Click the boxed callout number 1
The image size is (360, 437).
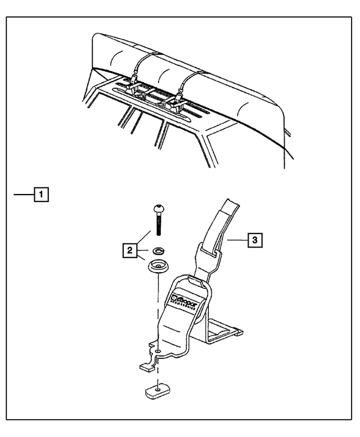[41, 195]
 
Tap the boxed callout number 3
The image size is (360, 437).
[255, 240]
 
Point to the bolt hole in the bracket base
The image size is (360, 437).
[159, 352]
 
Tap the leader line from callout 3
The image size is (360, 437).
[236, 240]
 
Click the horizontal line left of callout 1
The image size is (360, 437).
[24, 195]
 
